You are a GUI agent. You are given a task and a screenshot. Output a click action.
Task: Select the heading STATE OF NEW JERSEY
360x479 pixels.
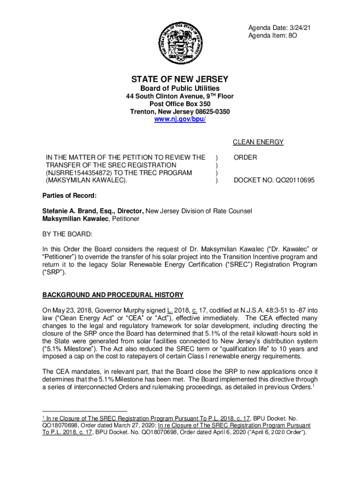180,79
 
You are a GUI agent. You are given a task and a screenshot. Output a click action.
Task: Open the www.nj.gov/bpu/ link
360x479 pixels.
180,120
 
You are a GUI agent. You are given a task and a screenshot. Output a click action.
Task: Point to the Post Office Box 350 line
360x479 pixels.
180,104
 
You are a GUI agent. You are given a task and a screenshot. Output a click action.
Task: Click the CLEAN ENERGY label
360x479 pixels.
258,142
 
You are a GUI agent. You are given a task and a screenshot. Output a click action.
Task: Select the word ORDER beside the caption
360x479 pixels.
245,158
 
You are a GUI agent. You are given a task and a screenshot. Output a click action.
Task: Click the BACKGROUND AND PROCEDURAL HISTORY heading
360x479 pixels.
113,295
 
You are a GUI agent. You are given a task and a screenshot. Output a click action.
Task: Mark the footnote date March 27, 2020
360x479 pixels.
128,426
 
